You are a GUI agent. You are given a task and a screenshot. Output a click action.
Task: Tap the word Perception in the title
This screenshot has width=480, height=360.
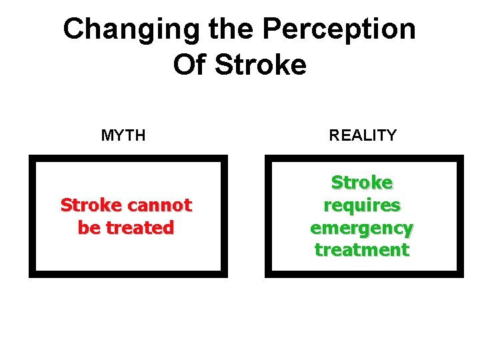click(x=339, y=30)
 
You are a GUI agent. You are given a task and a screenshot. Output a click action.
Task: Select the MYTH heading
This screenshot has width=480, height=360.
click(x=123, y=136)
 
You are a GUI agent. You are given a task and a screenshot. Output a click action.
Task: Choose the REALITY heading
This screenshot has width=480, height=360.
click(x=363, y=136)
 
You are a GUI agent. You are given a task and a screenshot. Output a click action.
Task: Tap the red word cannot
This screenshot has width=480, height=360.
click(x=159, y=205)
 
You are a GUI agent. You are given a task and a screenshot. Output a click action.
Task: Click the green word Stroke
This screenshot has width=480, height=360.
click(x=362, y=183)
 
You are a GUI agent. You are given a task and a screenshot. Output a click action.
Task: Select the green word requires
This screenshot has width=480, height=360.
click(x=362, y=205)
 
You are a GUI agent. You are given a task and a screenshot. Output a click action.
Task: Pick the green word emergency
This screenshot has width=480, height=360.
click(x=362, y=228)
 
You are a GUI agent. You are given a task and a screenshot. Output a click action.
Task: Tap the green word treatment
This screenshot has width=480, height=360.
click(x=362, y=251)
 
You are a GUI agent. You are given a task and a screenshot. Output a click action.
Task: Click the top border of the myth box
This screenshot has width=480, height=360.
click(x=128, y=158)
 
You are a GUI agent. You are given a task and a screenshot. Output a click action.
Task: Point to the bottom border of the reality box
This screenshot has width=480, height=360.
click(x=364, y=274)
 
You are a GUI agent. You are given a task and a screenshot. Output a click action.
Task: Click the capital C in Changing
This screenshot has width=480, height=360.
click(x=75, y=30)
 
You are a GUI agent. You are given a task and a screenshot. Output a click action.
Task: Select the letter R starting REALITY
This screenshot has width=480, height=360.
click(x=334, y=136)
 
